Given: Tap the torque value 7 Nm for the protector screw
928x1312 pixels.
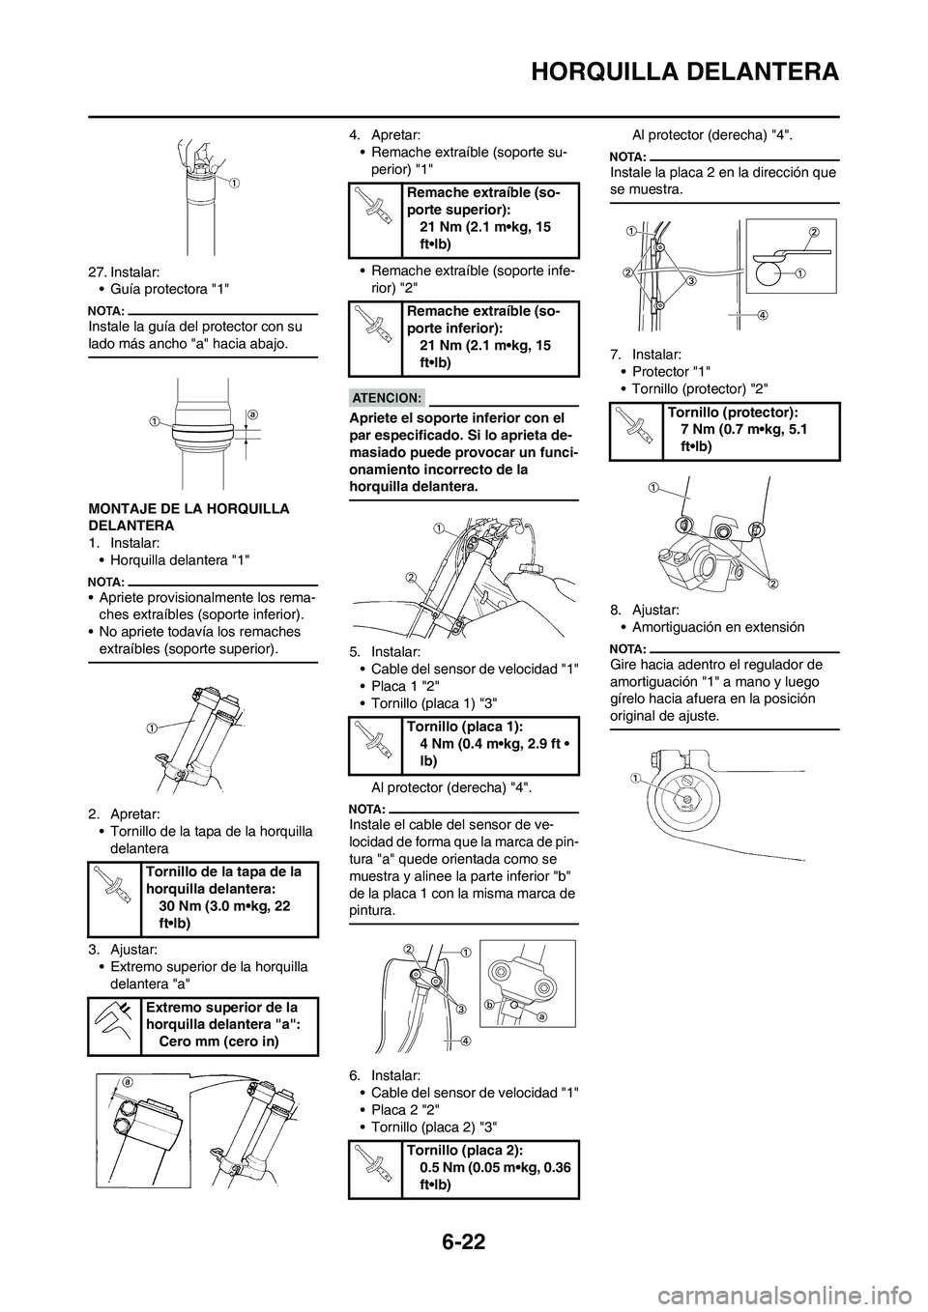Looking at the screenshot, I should point(744,428).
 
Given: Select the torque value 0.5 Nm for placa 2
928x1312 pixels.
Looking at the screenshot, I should point(494,1167).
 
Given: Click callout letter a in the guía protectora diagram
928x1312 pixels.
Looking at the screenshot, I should point(251,414).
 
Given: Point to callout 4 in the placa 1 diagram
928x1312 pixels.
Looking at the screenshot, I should point(466,1041).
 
